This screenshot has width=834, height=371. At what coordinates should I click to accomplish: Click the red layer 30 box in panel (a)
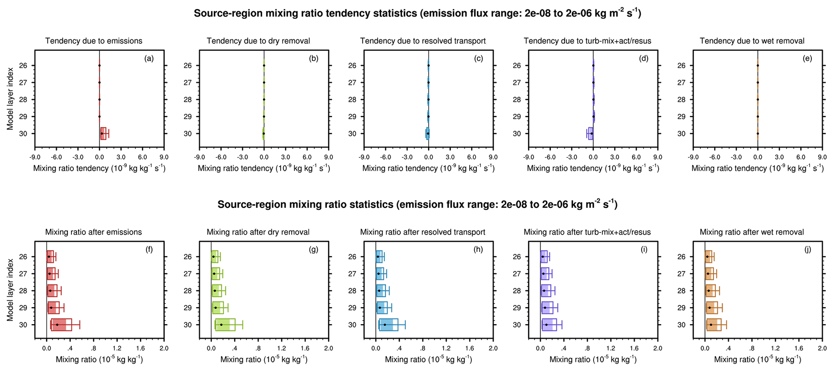(103, 133)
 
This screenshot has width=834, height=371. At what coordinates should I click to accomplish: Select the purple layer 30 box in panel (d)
(590, 133)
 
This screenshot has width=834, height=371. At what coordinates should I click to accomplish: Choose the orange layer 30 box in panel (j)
(713, 325)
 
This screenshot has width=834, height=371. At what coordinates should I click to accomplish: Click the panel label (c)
(479, 59)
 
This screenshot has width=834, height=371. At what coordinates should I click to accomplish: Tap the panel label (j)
(807, 249)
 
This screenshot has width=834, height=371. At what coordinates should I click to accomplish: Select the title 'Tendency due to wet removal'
(752, 41)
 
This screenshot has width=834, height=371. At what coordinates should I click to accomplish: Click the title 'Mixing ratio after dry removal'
(258, 232)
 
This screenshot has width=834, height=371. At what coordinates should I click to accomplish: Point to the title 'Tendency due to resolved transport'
(422, 41)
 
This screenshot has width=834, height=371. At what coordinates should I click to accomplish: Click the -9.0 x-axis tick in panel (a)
(35, 157)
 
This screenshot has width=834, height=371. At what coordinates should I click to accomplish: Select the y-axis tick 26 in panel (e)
(681, 65)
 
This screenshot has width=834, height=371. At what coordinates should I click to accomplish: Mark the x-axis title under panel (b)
(264, 168)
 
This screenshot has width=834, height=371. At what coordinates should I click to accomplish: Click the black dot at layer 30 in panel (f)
(57, 325)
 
